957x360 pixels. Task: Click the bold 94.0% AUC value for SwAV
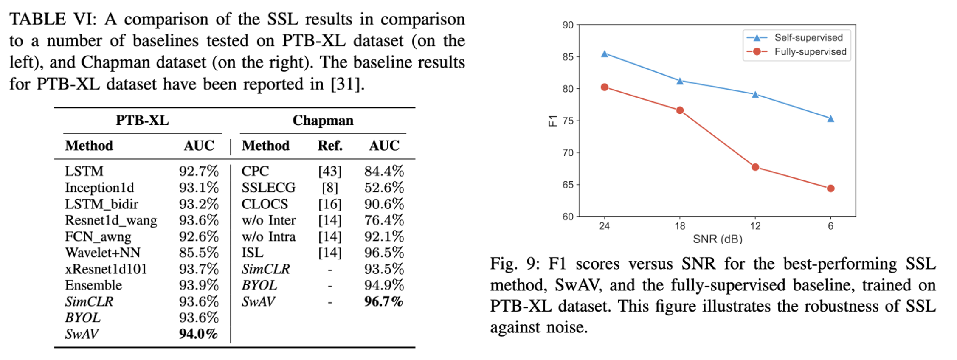198,334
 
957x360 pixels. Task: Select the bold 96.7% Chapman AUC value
383,302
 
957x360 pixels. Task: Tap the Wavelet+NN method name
102,253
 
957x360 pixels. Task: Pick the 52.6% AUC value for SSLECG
384,188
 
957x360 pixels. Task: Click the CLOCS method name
265,204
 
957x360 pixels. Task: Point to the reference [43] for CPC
329,172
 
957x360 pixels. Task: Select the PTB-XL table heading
142,121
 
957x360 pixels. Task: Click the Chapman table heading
323,121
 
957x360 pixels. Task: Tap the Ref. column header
330,146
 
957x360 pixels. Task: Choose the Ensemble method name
93,285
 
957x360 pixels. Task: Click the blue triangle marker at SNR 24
605,54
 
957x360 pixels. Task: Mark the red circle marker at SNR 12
755,167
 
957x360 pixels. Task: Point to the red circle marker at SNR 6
830,188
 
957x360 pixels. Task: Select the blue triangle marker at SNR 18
680,81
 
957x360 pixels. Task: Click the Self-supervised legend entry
808,38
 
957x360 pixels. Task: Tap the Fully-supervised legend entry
810,52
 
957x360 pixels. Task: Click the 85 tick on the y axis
568,57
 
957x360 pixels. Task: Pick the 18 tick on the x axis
680,226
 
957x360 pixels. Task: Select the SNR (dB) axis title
717,239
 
